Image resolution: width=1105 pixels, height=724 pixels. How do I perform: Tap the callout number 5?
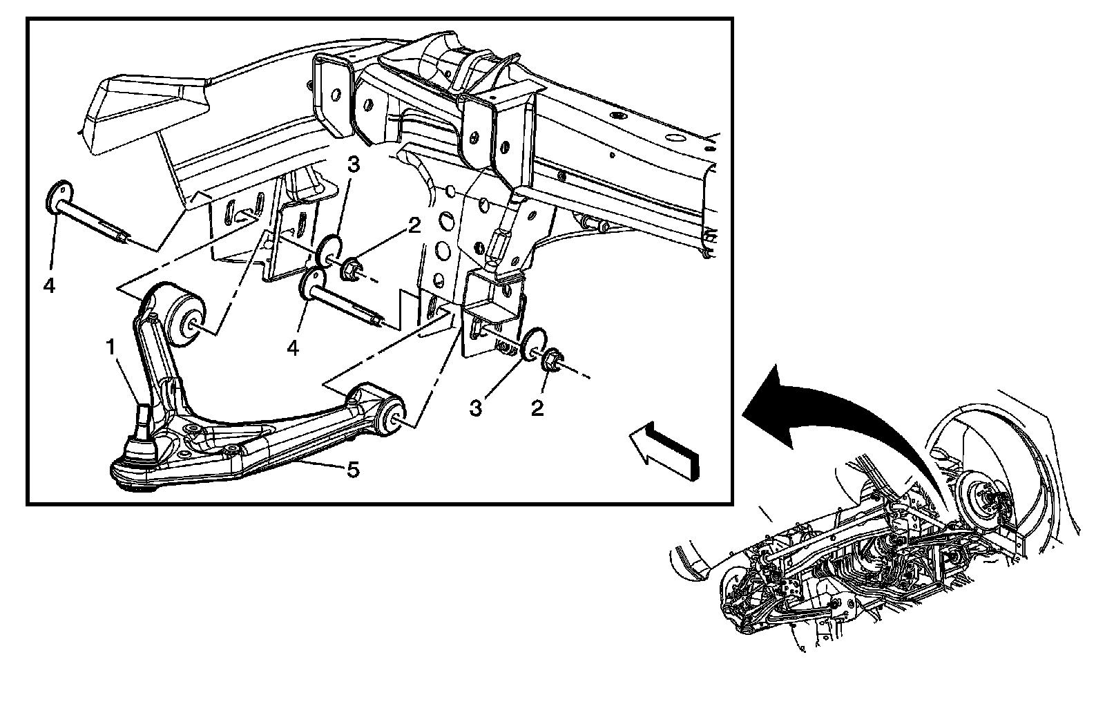tap(352, 471)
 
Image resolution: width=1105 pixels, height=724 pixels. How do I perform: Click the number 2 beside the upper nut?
tap(414, 226)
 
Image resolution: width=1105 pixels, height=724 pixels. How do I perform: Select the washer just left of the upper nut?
tap(329, 250)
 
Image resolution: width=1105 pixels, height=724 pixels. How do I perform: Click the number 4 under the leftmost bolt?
tap(49, 285)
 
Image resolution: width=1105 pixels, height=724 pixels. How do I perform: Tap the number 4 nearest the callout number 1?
tap(294, 348)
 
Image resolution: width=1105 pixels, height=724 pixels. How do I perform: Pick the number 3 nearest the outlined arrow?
tap(476, 409)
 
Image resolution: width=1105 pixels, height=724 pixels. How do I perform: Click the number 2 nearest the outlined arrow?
tap(537, 409)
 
